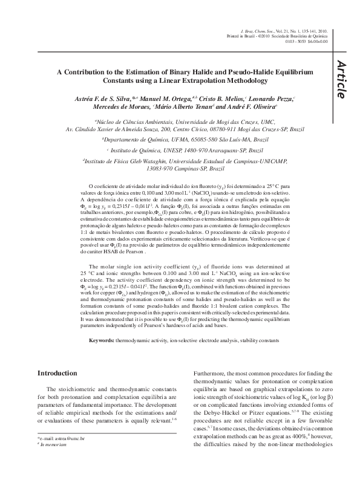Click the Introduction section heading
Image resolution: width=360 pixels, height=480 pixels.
point(62,374)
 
